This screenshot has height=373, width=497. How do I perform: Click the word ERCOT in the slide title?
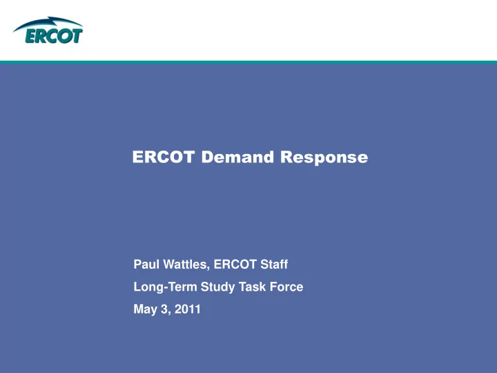tap(163, 157)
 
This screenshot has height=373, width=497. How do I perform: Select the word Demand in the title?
tap(237, 157)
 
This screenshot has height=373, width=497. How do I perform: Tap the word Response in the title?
tap(324, 157)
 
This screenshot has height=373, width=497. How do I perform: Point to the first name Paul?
tap(146, 264)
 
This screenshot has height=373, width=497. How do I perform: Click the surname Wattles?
tap(186, 265)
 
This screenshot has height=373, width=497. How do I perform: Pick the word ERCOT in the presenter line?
tap(235, 264)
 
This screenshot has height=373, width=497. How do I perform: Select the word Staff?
tap(274, 264)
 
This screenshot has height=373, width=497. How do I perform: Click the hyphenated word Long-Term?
tap(165, 287)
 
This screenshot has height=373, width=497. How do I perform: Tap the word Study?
tap(217, 287)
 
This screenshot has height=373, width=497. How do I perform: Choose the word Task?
tap(253, 287)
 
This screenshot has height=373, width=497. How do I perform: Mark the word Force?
tap(286, 287)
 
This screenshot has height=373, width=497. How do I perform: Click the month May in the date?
tap(145, 309)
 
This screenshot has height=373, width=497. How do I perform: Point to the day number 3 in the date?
tap(165, 309)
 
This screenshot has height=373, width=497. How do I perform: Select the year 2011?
tap(188, 309)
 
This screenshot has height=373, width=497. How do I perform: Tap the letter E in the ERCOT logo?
tap(32, 36)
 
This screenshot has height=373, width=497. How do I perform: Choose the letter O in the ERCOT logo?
tap(65, 36)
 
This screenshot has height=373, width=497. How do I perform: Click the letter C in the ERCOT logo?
tap(52, 36)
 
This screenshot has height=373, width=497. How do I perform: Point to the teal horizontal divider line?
tap(248, 62)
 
